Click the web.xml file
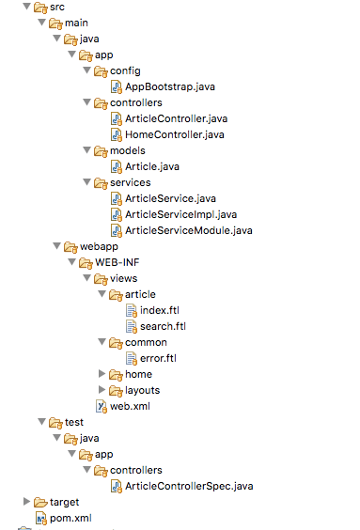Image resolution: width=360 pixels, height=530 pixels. pos(130,406)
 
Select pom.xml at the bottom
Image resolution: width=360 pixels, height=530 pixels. pos(71,518)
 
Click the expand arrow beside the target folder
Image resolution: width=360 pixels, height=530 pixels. pos(26,502)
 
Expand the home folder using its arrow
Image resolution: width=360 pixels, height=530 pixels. pos(102,374)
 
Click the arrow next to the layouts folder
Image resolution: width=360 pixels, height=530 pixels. pos(102,390)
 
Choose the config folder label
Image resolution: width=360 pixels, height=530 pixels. pos(126,70)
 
